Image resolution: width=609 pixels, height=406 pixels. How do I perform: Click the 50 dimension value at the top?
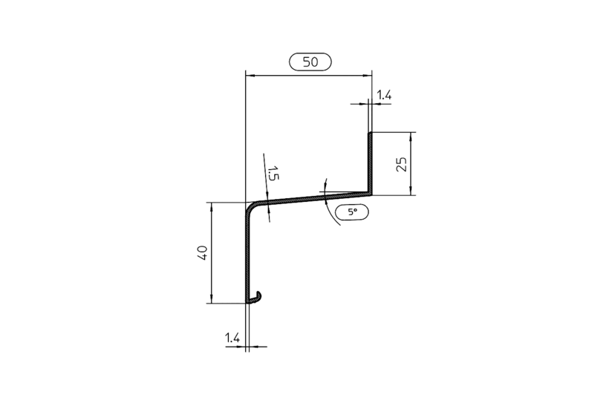(310, 62)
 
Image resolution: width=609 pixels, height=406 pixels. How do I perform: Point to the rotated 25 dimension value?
(401, 164)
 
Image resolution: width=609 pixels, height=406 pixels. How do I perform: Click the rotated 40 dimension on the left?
(199, 252)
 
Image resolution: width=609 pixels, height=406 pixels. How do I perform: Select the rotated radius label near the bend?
(274, 175)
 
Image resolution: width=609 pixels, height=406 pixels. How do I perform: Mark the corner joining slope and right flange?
(370, 194)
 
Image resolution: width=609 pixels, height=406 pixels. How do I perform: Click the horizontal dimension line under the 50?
(309, 75)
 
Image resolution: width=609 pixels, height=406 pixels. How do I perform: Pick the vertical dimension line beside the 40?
(212, 252)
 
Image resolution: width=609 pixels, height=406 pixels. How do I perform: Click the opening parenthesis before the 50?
(290, 62)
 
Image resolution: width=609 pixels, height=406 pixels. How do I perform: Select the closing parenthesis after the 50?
(330, 62)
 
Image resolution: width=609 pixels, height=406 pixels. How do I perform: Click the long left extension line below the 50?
(247, 134)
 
